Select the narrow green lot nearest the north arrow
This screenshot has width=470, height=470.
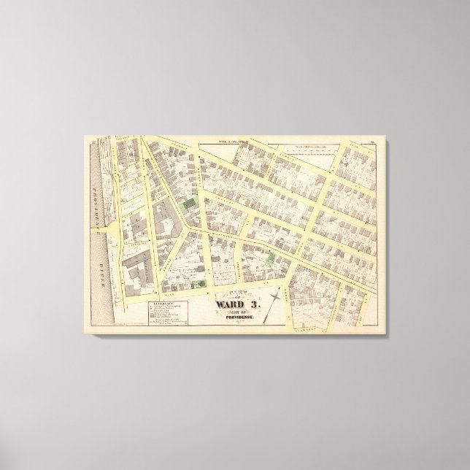(x=271, y=258)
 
